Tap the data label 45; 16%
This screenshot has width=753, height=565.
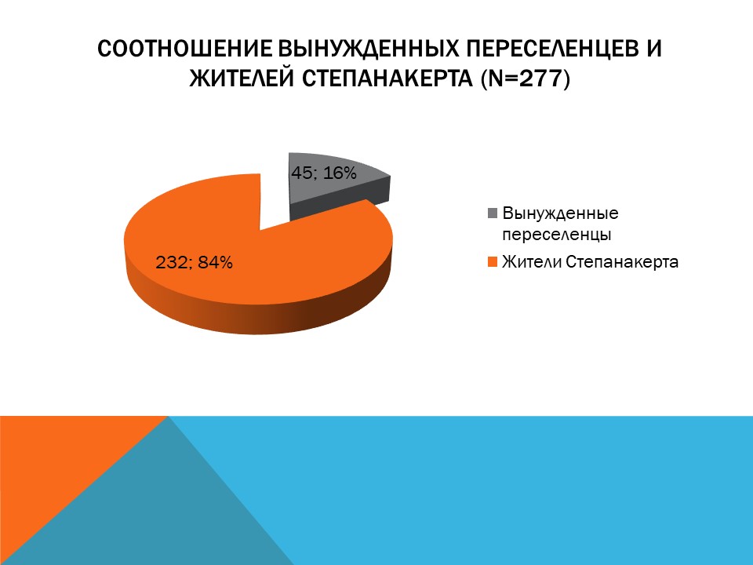click(x=324, y=173)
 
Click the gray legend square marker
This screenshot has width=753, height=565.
click(x=493, y=213)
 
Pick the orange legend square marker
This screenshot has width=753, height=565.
click(x=493, y=263)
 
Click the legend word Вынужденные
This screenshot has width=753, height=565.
click(x=560, y=213)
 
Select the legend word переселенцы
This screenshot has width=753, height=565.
click(x=556, y=233)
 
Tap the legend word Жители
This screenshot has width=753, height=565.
click(x=529, y=262)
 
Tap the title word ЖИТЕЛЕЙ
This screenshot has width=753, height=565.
click(x=235, y=79)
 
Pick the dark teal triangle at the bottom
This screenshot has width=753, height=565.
click(x=165, y=510)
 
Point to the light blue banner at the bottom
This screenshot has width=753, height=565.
click(x=510, y=487)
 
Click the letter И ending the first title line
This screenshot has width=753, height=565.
click(x=653, y=49)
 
